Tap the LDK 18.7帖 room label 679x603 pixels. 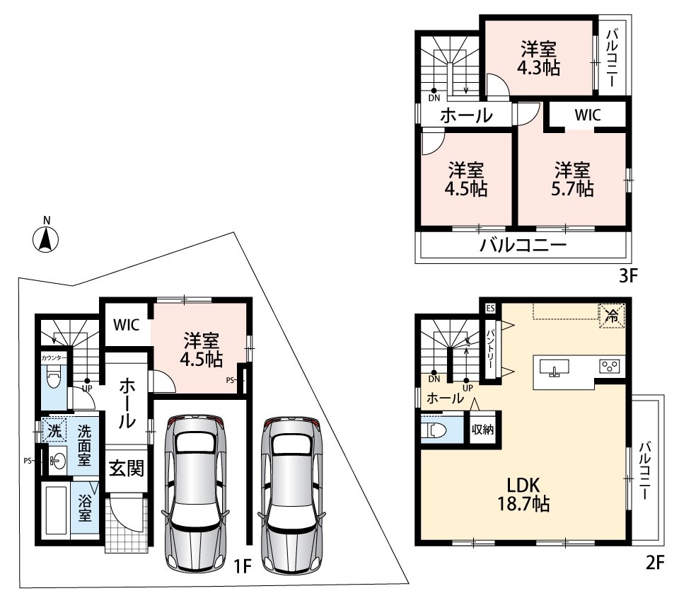(x=523, y=494)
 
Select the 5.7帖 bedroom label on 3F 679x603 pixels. (x=572, y=180)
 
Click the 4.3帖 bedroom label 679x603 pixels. (x=539, y=59)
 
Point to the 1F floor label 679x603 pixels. (x=242, y=565)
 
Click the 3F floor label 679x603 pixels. (x=628, y=275)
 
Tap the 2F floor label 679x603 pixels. (x=654, y=563)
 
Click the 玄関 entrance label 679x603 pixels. (x=126, y=469)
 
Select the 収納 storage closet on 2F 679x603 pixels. (x=482, y=429)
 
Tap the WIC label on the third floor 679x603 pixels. (x=588, y=115)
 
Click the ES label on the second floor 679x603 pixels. (x=489, y=309)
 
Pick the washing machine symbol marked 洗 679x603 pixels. (x=54, y=430)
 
